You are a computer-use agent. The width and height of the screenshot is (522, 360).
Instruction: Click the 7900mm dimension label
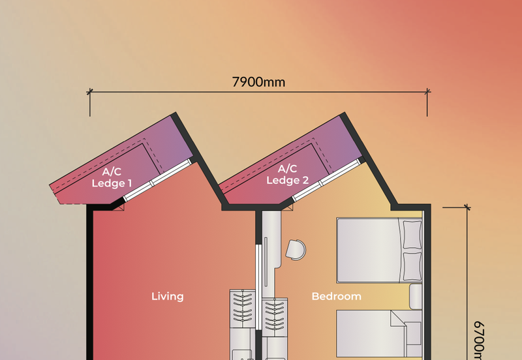pyautogui.click(x=259, y=82)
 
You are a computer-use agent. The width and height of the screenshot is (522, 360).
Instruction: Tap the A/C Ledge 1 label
pyautogui.click(x=112, y=177)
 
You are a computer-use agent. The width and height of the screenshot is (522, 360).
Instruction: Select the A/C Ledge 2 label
pyautogui.click(x=287, y=174)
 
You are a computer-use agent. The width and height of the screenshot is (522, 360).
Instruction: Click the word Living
pyautogui.click(x=168, y=296)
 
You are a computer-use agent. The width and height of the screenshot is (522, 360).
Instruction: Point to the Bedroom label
pyautogui.click(x=336, y=296)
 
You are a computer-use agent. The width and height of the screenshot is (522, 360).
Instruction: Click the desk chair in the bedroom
pyautogui.click(x=296, y=248)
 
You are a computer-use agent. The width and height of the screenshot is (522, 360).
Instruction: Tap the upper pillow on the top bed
pyautogui.click(x=412, y=235)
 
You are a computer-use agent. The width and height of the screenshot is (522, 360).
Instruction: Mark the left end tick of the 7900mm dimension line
pyautogui.click(x=89, y=93)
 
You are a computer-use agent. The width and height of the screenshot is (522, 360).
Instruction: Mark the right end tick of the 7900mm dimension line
pyautogui.click(x=428, y=93)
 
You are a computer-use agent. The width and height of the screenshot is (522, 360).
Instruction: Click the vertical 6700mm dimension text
pyautogui.click(x=480, y=339)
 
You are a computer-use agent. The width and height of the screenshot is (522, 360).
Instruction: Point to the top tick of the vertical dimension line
pyautogui.click(x=467, y=208)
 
